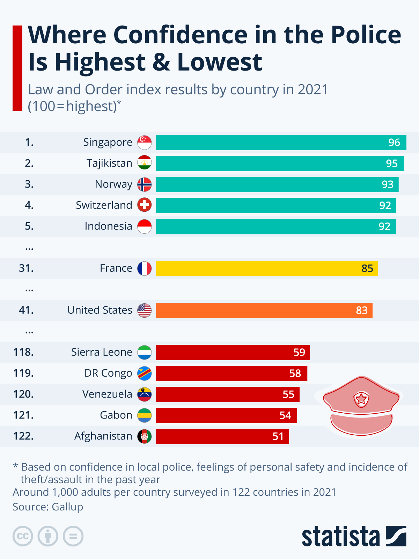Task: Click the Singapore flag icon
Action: (144, 143)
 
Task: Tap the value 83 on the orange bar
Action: (362, 310)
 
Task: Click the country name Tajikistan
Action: (109, 164)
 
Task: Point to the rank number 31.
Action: (26, 268)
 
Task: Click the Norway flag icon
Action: (144, 184)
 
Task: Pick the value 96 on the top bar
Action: (394, 143)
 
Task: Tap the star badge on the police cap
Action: (361, 399)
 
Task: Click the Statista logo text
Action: (340, 537)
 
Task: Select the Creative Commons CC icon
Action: (23, 536)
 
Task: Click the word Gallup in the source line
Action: (67, 507)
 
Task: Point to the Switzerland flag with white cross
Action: (144, 205)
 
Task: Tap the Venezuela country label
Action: (107, 394)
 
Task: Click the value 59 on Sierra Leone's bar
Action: (299, 352)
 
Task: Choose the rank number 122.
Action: (23, 436)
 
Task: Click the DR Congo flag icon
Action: (144, 373)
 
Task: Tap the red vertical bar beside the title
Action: (17, 68)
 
